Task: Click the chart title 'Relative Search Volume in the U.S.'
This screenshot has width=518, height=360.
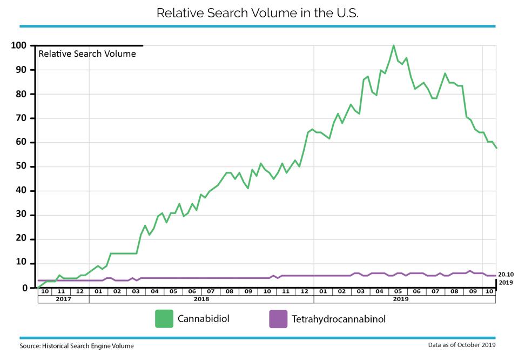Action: click(x=257, y=13)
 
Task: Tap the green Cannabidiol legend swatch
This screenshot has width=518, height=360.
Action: click(x=164, y=319)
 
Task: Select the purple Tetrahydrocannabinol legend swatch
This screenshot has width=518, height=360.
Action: click(x=278, y=319)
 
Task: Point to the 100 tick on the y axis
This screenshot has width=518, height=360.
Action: click(x=18, y=45)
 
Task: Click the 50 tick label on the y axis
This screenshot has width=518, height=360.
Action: click(x=21, y=166)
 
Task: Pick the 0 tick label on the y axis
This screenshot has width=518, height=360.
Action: click(x=25, y=288)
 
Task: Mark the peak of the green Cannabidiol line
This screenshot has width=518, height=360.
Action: click(x=393, y=45)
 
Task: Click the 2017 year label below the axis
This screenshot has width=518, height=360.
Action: click(x=63, y=299)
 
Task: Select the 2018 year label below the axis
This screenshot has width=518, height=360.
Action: click(x=201, y=299)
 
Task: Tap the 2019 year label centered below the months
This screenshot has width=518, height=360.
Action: click(x=401, y=299)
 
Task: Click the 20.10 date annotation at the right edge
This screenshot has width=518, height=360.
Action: click(x=506, y=275)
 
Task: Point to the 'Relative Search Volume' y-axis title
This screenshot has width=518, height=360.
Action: click(x=87, y=54)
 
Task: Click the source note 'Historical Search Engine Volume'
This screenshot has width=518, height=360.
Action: click(x=88, y=346)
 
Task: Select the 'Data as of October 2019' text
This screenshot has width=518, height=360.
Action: click(x=462, y=345)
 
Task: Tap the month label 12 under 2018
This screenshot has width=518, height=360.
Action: click(x=304, y=291)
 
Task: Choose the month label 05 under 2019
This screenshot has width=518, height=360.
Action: click(x=398, y=291)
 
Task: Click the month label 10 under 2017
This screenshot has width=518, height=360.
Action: click(x=45, y=291)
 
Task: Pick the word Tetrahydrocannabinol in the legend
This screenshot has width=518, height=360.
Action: click(x=339, y=319)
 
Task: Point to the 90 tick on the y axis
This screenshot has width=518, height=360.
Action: click(x=21, y=70)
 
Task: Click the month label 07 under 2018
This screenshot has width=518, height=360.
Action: click(x=211, y=291)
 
